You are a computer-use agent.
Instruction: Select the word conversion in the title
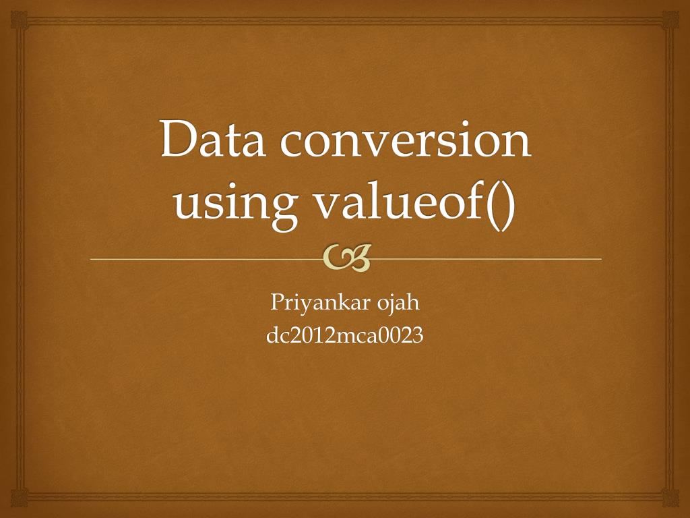tap(404, 139)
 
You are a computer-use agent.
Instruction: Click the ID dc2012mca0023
tap(345, 335)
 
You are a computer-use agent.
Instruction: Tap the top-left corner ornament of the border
tap(19, 19)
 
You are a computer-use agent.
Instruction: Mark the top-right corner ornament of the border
tap(670, 19)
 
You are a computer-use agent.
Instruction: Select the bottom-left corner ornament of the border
tap(19, 499)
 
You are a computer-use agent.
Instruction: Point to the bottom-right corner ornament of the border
tap(670, 499)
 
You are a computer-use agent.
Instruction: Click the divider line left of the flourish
tap(202, 259)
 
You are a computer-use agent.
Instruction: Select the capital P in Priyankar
tap(276, 303)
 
